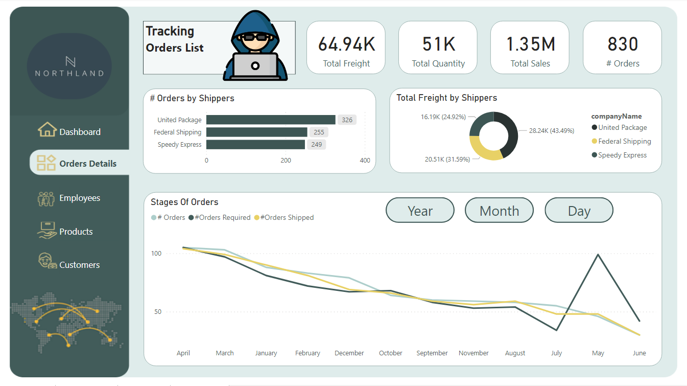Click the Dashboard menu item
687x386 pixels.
click(79, 132)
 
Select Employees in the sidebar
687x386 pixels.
click(79, 198)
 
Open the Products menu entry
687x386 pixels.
click(76, 232)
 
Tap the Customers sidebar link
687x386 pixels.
click(79, 265)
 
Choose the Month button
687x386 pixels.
click(499, 211)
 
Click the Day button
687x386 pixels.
click(579, 211)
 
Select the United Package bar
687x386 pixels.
click(271, 120)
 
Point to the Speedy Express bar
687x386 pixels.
click(255, 145)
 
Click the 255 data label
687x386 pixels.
click(319, 132)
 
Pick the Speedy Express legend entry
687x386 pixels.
click(622, 155)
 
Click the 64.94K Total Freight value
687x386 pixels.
click(346, 44)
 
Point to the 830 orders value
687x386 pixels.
click(623, 44)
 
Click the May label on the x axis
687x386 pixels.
click(598, 353)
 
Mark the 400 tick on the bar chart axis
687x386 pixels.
click(365, 161)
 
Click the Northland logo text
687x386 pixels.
click(69, 73)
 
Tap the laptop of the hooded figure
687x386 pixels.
click(255, 65)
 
